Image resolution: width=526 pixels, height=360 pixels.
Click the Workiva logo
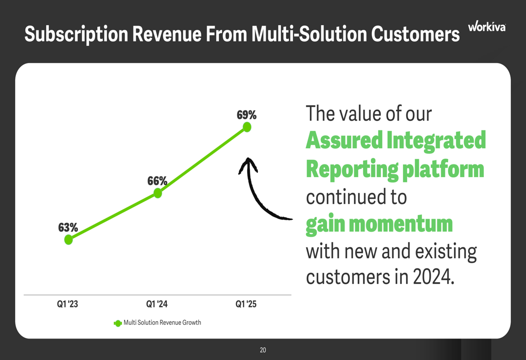click(487, 26)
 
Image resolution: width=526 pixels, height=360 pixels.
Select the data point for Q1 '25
click(247, 127)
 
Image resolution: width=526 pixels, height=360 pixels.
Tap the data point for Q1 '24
click(158, 193)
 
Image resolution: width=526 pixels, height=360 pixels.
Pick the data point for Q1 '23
click(68, 240)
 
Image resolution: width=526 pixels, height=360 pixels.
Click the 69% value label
click(247, 115)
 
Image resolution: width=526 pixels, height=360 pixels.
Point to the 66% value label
click(157, 181)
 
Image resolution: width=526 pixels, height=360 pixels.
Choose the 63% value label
click(68, 228)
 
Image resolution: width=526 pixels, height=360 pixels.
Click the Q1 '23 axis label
click(67, 304)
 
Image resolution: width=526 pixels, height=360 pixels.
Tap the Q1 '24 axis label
click(157, 304)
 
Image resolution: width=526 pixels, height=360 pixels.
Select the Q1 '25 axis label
click(246, 304)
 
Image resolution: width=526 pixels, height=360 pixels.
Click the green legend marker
click(118, 323)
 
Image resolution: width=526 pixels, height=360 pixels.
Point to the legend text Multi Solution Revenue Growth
click(163, 323)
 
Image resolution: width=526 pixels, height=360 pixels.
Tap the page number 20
click(263, 350)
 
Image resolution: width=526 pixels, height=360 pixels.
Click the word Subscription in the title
click(76, 35)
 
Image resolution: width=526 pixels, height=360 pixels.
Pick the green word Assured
click(344, 140)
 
